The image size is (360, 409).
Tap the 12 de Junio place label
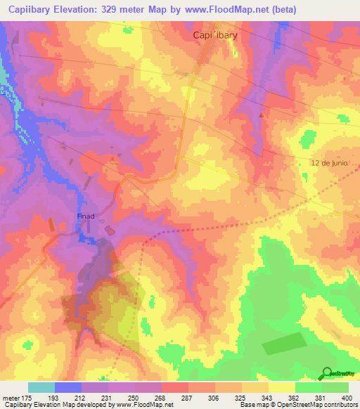pyautogui.click(x=329, y=163)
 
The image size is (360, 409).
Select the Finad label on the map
pyautogui.click(x=86, y=217)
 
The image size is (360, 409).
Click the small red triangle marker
pyautogui.click(x=262, y=114)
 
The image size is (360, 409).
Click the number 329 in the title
pyautogui.click(x=114, y=10)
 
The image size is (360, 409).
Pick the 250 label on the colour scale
pyautogui.click(x=136, y=398)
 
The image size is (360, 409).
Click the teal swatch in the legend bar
pyautogui.click(x=41, y=387)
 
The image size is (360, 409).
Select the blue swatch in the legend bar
pyautogui.click(x=68, y=387)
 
